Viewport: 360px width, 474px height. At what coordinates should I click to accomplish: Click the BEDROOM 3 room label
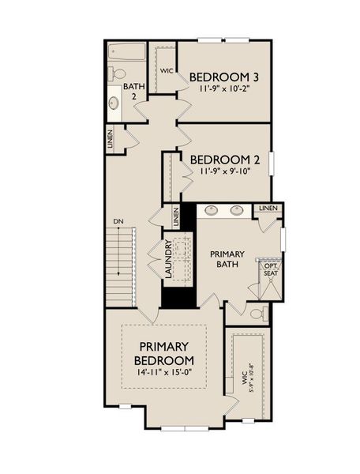pos(225,77)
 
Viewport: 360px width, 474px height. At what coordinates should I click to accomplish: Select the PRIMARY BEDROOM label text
pos(164,353)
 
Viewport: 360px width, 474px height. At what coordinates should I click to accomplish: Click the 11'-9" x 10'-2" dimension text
pos(225,89)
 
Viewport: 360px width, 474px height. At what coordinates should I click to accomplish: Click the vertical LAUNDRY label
pos(169,258)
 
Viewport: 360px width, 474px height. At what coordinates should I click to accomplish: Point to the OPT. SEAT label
pos(271,269)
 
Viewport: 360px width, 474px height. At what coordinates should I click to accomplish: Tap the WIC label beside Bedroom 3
pos(167,71)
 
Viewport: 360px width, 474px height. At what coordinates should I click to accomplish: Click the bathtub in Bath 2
pos(126,51)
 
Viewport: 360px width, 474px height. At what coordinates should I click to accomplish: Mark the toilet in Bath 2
pos(118,74)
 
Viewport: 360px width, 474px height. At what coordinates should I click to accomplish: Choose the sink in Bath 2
pos(114,103)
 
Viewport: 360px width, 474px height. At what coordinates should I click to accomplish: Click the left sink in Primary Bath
pos(212,210)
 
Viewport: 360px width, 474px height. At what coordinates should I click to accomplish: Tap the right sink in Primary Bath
pos(236,210)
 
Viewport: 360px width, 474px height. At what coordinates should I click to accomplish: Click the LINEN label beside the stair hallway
pos(110,140)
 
